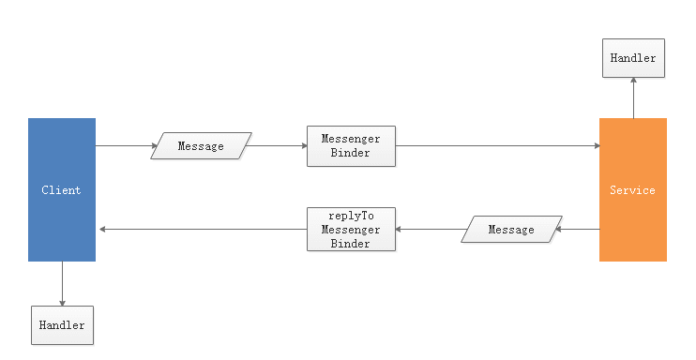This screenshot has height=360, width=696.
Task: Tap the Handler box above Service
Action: [633, 58]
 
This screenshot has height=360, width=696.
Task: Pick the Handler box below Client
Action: [62, 324]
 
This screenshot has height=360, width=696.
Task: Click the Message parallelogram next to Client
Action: [202, 146]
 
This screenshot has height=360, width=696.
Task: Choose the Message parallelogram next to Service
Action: [511, 230]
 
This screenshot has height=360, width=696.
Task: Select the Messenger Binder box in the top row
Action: [351, 146]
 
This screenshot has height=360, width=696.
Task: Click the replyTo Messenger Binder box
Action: [351, 230]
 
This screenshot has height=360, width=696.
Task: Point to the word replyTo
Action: [351, 216]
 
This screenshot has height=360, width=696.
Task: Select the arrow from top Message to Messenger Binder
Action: [279, 146]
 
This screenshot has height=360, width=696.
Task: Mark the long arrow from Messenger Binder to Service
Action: [497, 146]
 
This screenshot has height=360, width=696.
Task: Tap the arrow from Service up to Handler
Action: [633, 97]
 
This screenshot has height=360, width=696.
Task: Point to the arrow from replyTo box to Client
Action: [202, 230]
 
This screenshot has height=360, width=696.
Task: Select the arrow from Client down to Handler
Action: [62, 283]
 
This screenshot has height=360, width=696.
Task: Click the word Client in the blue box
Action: [62, 190]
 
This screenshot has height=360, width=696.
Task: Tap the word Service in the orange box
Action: [633, 190]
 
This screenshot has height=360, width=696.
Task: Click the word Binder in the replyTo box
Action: [351, 244]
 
